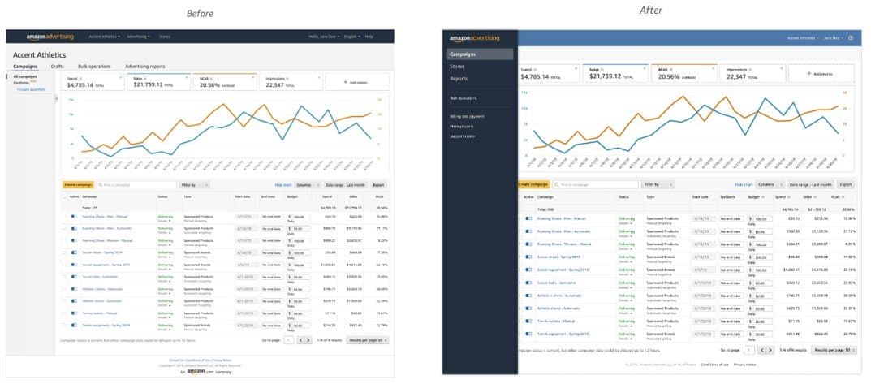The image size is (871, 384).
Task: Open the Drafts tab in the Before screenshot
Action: point(58,66)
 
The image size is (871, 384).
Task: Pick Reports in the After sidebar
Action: point(459,79)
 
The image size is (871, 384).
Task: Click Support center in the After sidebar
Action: point(464,136)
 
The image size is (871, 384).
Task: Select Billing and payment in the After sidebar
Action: point(466,117)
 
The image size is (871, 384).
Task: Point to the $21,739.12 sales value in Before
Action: point(154,84)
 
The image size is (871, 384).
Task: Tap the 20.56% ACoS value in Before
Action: point(210,84)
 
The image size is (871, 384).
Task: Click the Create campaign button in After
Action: point(534,185)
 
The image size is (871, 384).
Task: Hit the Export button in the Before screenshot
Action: point(378,185)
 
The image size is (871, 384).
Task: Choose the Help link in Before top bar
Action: point(369,37)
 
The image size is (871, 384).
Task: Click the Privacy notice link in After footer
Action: point(744,365)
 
